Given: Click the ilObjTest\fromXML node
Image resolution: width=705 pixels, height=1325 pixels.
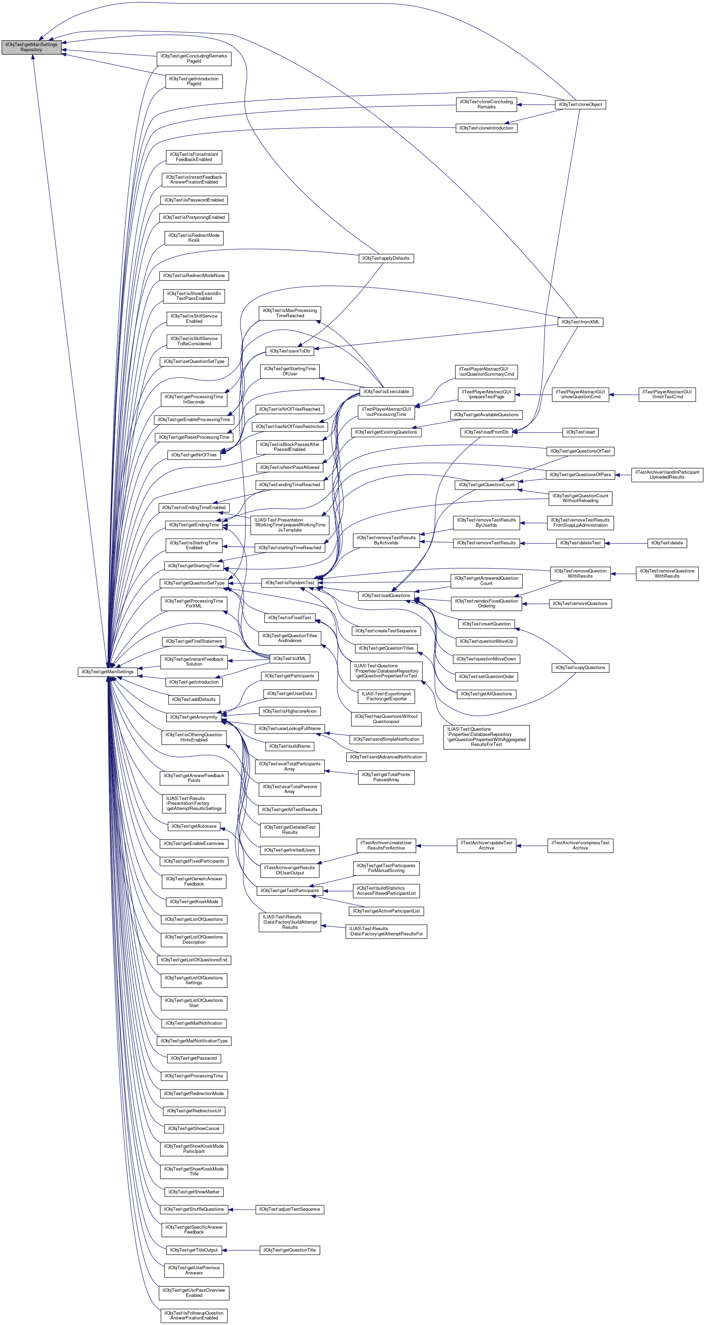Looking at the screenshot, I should (580, 322).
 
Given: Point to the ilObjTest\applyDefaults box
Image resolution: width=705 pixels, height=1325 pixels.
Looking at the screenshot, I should (386, 258).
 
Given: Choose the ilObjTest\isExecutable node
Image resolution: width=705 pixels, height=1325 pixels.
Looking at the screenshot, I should (386, 392).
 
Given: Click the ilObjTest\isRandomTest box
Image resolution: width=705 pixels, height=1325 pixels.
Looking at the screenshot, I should (289, 583).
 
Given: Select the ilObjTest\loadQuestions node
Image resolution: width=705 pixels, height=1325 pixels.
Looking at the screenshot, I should (386, 596).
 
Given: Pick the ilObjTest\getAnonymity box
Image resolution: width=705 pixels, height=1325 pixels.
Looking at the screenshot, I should (194, 717).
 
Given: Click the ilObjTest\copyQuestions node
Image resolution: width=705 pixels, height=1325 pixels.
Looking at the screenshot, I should (580, 668).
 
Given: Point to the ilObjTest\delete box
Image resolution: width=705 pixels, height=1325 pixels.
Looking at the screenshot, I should (667, 543).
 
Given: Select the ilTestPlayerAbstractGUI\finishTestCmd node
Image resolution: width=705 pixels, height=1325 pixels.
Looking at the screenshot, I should (667, 394).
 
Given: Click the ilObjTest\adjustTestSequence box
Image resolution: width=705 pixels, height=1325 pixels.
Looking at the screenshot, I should (289, 1209).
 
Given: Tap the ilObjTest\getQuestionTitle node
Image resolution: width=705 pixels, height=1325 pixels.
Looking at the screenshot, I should (289, 1250).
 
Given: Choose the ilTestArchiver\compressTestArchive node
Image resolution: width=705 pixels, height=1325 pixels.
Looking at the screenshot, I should (580, 846).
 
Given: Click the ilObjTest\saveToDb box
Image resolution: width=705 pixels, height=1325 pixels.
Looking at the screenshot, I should (289, 351).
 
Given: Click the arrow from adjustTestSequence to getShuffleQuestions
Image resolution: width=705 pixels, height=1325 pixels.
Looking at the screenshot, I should (242, 1209).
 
